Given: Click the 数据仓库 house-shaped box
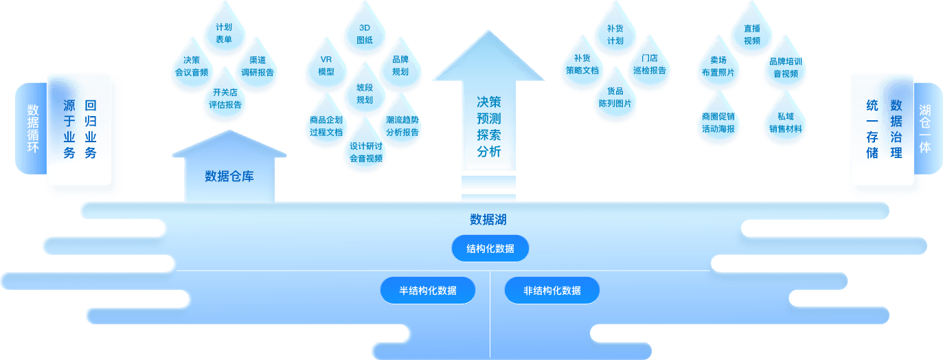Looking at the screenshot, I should [229, 175].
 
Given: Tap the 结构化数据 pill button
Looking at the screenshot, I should [490, 248].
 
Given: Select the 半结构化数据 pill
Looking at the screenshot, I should [428, 290].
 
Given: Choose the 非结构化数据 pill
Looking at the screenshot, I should [552, 290].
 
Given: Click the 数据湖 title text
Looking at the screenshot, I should [488, 220].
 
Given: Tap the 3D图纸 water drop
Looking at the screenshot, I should [365, 34].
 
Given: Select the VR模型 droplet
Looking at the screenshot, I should [326, 65].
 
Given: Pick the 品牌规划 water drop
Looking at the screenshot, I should [400, 65].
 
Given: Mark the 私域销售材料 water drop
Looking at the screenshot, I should [784, 122].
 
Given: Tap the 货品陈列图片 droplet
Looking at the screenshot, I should [615, 97].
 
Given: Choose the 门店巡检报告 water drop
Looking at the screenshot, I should [649, 65].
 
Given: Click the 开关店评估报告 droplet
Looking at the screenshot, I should [225, 98].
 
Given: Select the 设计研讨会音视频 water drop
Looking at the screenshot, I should [365, 152].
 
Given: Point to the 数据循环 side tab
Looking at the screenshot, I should [32, 128].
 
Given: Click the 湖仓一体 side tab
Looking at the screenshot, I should [924, 128].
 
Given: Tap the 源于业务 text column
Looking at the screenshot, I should [69, 128].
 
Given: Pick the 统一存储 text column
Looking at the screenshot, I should [872, 128].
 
